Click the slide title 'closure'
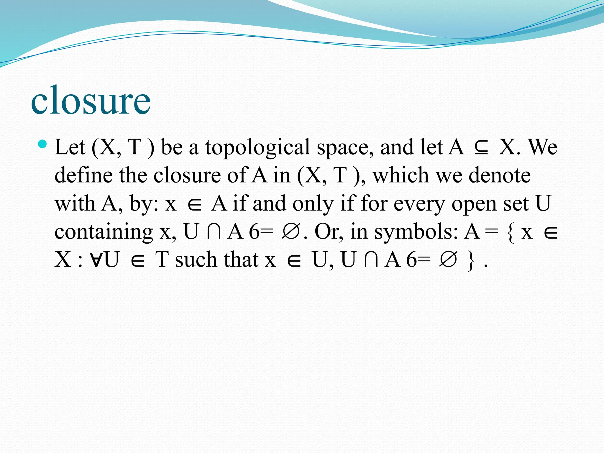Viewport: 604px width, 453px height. point(91,101)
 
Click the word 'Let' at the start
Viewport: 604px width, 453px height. point(70,147)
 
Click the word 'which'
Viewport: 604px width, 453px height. point(400,175)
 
